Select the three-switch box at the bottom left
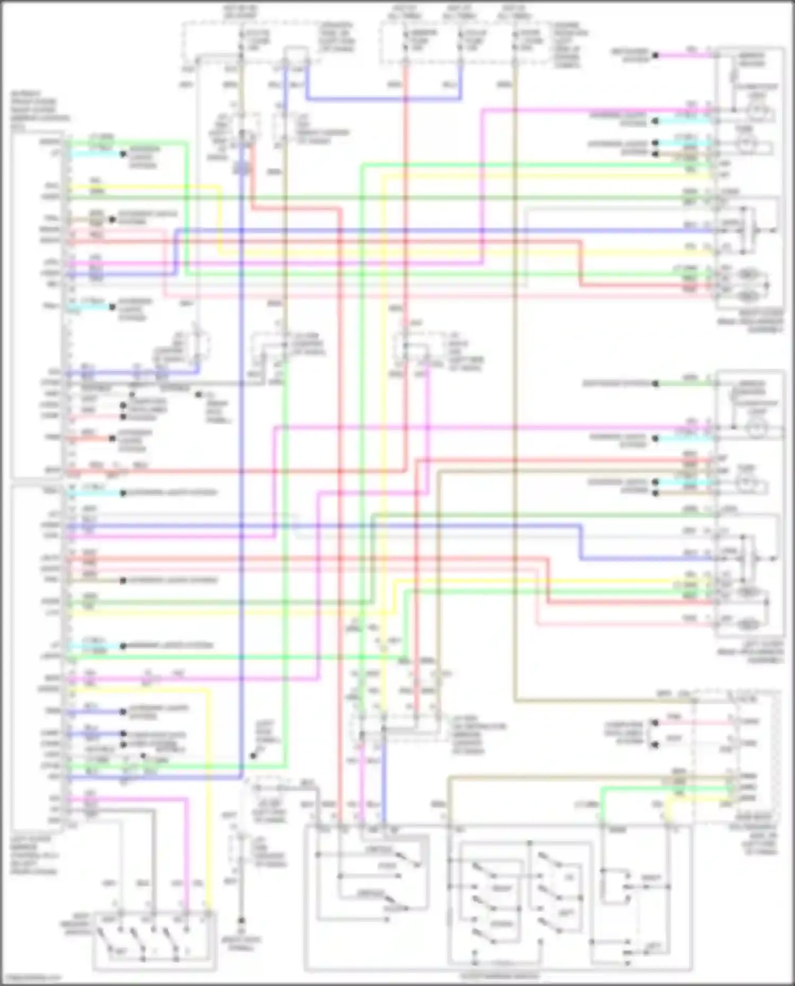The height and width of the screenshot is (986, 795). [x=154, y=940]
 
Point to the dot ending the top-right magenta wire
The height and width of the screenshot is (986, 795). [x=656, y=55]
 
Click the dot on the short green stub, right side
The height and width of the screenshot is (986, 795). [x=656, y=383]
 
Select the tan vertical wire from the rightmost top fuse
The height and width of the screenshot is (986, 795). [x=515, y=371]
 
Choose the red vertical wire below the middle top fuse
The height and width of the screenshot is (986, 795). [x=406, y=185]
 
